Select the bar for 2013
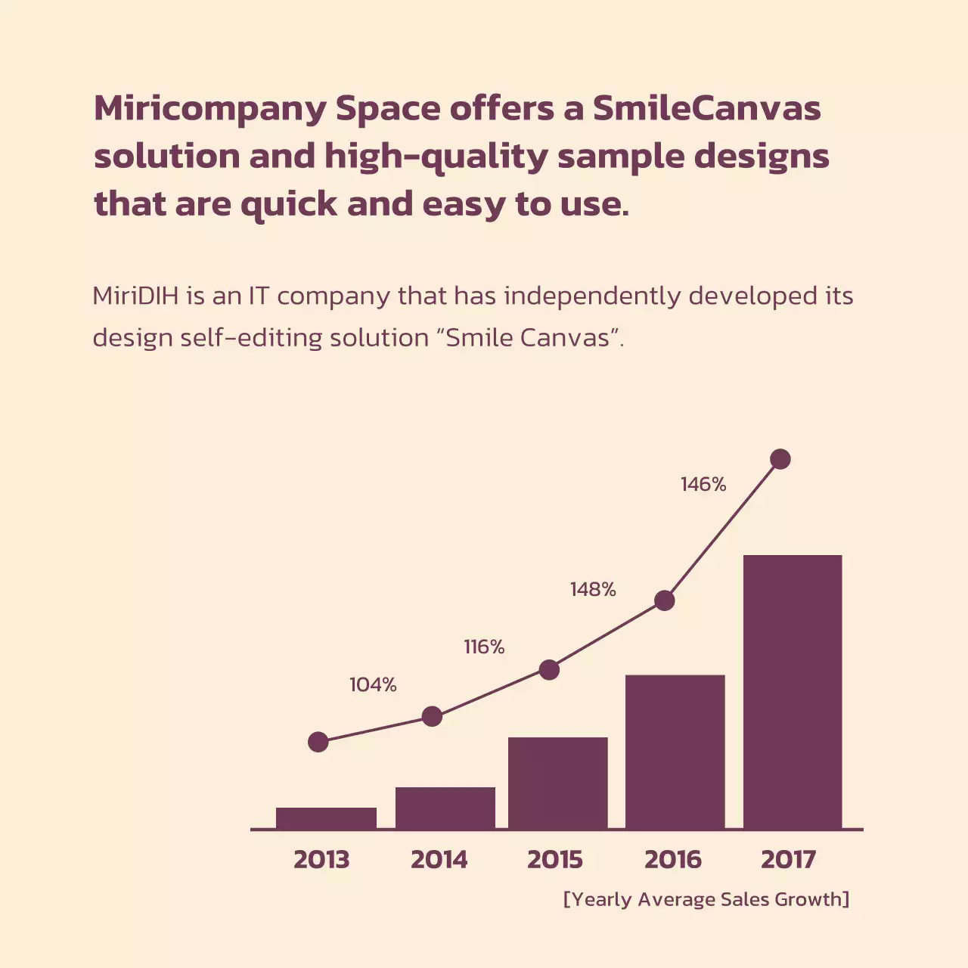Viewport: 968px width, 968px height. pyautogui.click(x=326, y=818)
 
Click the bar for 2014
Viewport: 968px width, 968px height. pyautogui.click(x=445, y=808)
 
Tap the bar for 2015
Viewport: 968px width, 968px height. pyautogui.click(x=557, y=783)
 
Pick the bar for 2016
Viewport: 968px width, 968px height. pyautogui.click(x=675, y=752)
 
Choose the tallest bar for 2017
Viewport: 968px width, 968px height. pyautogui.click(x=793, y=692)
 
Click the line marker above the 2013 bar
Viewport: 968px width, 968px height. pyautogui.click(x=318, y=742)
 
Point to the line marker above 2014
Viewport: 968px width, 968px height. pyautogui.click(x=432, y=716)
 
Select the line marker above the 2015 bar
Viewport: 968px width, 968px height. pyautogui.click(x=549, y=669)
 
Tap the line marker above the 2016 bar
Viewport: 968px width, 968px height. pyautogui.click(x=664, y=600)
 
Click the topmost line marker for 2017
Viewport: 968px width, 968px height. pyautogui.click(x=780, y=459)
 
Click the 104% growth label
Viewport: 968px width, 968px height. pyautogui.click(x=373, y=685)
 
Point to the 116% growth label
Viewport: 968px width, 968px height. pyautogui.click(x=484, y=647)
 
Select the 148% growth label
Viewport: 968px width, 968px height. pyautogui.click(x=593, y=590)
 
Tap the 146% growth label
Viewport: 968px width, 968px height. pyautogui.click(x=703, y=485)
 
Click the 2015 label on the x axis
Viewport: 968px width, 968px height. pyautogui.click(x=555, y=860)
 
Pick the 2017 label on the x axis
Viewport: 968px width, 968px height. pyautogui.click(x=788, y=860)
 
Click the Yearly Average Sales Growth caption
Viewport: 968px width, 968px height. pyautogui.click(x=706, y=899)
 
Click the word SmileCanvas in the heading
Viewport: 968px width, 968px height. pyautogui.click(x=706, y=109)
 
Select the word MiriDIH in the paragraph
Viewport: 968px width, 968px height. pyautogui.click(x=135, y=296)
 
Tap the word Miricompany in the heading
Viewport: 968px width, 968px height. pyautogui.click(x=209, y=109)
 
